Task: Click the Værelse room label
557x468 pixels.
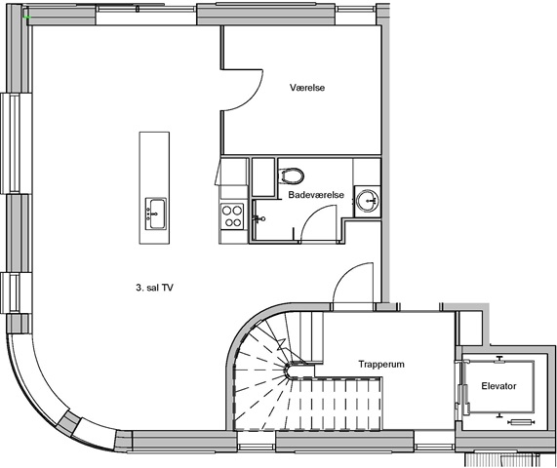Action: [x=307, y=88]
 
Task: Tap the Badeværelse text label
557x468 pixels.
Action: [x=316, y=195]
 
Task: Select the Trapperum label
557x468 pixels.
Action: [x=381, y=365]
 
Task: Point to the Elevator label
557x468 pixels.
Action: [x=498, y=386]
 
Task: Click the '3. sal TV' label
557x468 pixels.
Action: [x=154, y=288]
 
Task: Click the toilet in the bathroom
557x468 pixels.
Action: [x=292, y=175]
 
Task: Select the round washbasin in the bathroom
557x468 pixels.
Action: [x=368, y=201]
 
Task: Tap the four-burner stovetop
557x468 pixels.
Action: [x=232, y=216]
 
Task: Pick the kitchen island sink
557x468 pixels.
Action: [x=156, y=214]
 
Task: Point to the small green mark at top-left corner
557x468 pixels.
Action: [x=26, y=17]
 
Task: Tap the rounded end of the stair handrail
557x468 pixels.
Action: [x=289, y=370]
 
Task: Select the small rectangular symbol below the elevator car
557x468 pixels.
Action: [x=521, y=422]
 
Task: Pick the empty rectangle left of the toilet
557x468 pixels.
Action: [x=263, y=177]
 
